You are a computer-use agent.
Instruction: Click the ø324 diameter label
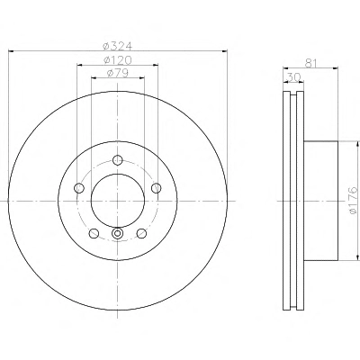[x=117, y=46]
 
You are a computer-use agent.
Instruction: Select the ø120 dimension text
[x=118, y=60]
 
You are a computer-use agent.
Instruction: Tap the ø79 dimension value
[x=118, y=73]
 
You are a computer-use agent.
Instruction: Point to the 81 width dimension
[x=311, y=63]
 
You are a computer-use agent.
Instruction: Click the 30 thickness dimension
[x=294, y=77]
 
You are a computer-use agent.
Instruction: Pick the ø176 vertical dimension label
[x=354, y=201]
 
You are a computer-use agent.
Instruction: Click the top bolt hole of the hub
[x=118, y=159]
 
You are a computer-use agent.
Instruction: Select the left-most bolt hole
[x=79, y=188]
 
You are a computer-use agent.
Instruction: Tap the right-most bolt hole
[x=156, y=188]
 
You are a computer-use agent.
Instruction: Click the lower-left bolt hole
[x=94, y=233]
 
